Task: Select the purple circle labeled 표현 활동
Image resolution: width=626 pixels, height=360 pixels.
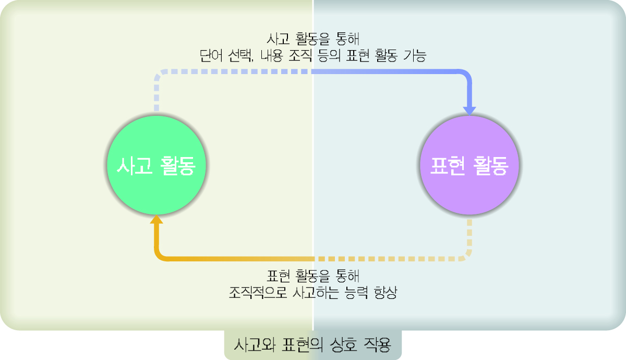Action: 469,165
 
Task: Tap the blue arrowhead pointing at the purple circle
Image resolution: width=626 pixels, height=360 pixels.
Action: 470,110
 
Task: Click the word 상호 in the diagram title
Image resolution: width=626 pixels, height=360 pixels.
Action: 344,345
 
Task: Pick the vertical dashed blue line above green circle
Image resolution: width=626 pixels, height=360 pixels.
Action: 155,94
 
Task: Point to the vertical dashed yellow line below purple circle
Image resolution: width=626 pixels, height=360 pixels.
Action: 470,237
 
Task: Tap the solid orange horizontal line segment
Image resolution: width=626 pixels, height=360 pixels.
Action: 235,259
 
